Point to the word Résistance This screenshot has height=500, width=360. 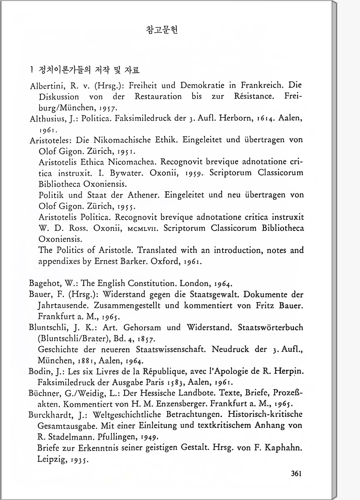pyautogui.click(x=253, y=96)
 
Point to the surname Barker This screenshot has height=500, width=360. pyautogui.click(x=134, y=261)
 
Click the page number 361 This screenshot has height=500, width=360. pyautogui.click(x=296, y=473)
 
